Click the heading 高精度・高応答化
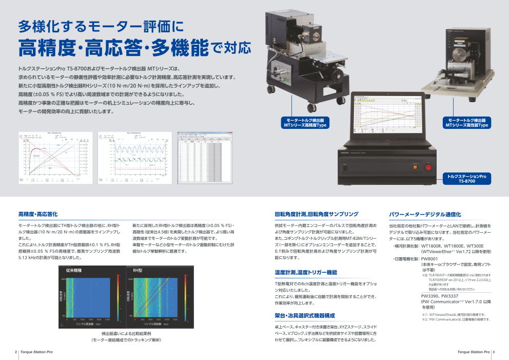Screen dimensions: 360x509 click(38, 214)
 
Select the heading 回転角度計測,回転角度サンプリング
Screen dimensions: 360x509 click(317, 214)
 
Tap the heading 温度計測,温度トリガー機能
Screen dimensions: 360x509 click(306, 272)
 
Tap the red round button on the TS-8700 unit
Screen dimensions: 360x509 click(429, 166)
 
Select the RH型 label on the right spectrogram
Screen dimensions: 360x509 click(138, 270)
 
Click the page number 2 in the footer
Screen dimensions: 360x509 click(15, 352)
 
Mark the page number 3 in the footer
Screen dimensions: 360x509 click(493, 352)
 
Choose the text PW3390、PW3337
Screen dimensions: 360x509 click(440, 296)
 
